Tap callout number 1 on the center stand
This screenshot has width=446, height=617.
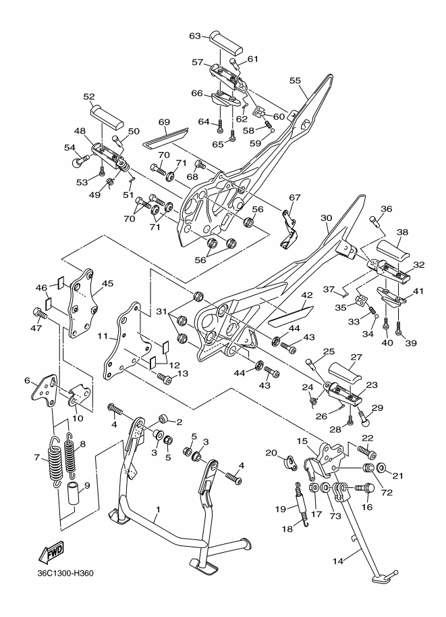click(157, 510)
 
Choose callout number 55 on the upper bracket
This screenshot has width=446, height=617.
click(295, 80)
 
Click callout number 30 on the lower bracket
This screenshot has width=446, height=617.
click(326, 218)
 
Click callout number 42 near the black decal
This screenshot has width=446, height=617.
click(306, 295)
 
